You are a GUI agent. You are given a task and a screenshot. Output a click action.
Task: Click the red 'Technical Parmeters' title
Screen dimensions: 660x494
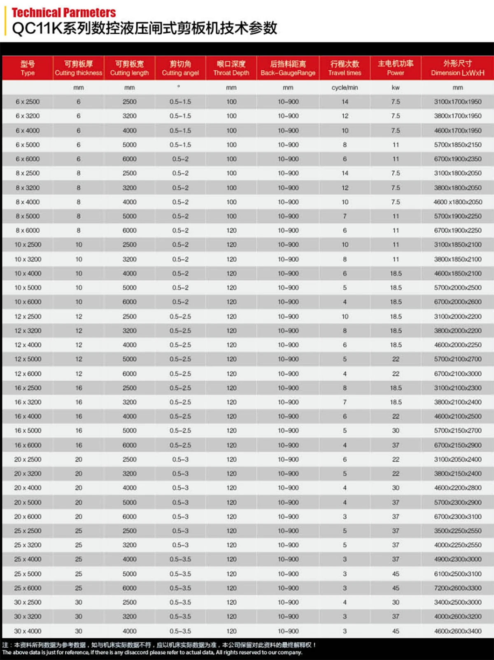coord(64,13)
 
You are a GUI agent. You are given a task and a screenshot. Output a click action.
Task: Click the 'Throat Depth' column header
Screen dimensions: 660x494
coord(231,68)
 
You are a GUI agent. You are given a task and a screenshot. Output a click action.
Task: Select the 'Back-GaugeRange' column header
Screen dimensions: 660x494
coord(288,68)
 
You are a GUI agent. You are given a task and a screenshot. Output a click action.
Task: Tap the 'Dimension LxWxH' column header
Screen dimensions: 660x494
coord(457,68)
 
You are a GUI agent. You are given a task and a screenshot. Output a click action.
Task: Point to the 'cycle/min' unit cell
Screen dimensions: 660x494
coord(345,88)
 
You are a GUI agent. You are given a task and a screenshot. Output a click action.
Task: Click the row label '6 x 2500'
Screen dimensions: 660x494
coord(28,102)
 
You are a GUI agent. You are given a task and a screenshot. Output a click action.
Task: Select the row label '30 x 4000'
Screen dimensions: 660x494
coord(28,631)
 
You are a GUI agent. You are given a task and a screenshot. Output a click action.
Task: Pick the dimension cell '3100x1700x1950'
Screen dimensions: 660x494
coord(457,102)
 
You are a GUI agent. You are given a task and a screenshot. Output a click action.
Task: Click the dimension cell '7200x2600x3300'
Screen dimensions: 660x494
coord(457,588)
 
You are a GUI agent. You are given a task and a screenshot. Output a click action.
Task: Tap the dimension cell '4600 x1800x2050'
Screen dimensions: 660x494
coord(457,202)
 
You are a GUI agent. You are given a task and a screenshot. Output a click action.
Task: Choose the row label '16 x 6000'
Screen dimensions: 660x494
coord(28,445)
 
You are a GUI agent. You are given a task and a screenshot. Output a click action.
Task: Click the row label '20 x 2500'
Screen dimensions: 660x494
coord(28,459)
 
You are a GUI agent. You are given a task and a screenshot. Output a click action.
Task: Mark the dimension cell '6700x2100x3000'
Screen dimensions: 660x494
coord(457,374)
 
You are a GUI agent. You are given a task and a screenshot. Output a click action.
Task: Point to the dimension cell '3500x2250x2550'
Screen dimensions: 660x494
coord(457,531)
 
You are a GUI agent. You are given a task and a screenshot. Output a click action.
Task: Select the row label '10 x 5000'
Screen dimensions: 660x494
coord(28,288)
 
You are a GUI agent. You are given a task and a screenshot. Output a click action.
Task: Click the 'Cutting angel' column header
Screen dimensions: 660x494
coord(180,68)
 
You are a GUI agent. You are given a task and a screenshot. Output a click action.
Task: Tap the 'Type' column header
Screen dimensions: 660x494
coord(28,68)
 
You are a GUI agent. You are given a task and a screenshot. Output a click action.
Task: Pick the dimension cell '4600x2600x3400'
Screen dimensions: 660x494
coord(457,631)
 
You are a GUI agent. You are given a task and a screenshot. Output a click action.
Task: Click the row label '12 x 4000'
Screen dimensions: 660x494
coord(28,345)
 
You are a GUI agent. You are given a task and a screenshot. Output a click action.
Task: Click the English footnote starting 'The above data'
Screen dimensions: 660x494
coord(152,652)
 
